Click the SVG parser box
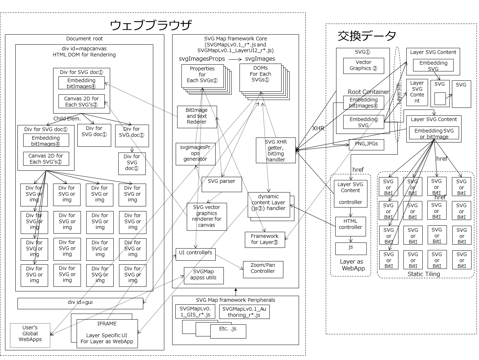[221, 184]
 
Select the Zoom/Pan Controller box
[263, 270]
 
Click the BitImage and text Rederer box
[197, 117]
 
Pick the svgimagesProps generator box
[195, 154]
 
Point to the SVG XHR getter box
[275, 150]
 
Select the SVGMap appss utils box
[204, 275]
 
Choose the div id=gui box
[80, 304]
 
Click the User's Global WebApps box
[30, 335]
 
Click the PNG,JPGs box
[366, 145]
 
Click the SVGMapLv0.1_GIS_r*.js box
[195, 311]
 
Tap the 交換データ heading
[367, 36]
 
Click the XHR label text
[318, 128]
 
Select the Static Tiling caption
[423, 274]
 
